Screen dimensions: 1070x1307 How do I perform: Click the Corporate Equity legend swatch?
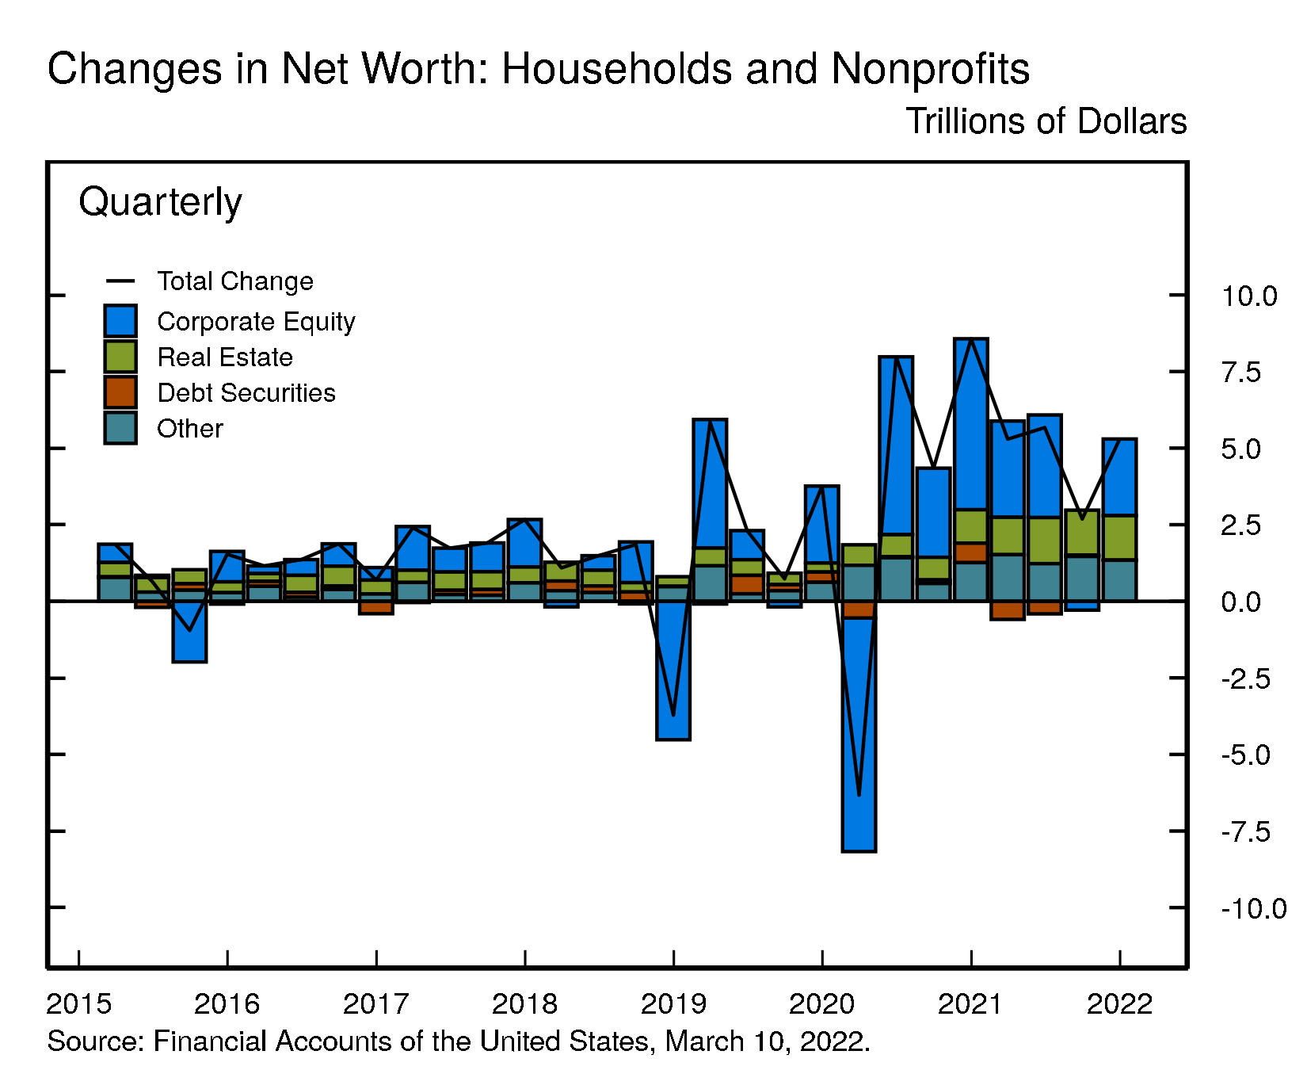[x=120, y=321]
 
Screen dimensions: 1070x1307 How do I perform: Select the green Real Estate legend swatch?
[x=120, y=357]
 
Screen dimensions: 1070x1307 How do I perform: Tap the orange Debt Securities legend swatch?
[x=120, y=392]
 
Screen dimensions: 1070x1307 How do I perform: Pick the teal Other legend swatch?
[x=120, y=428]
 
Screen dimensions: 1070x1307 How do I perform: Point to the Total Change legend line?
[x=120, y=281]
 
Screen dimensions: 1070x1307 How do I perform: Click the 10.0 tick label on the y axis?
[x=1248, y=296]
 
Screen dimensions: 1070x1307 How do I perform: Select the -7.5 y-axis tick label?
[x=1245, y=831]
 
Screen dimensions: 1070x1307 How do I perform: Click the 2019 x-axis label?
[x=673, y=1004]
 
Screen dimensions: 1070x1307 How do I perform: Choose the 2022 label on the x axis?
[x=1119, y=1004]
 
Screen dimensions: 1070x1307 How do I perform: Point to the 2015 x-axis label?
[x=78, y=1004]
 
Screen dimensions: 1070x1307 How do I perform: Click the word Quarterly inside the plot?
[x=160, y=202]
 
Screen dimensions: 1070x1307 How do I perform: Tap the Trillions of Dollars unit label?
[x=1046, y=121]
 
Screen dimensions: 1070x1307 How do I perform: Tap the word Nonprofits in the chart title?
[x=930, y=69]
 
